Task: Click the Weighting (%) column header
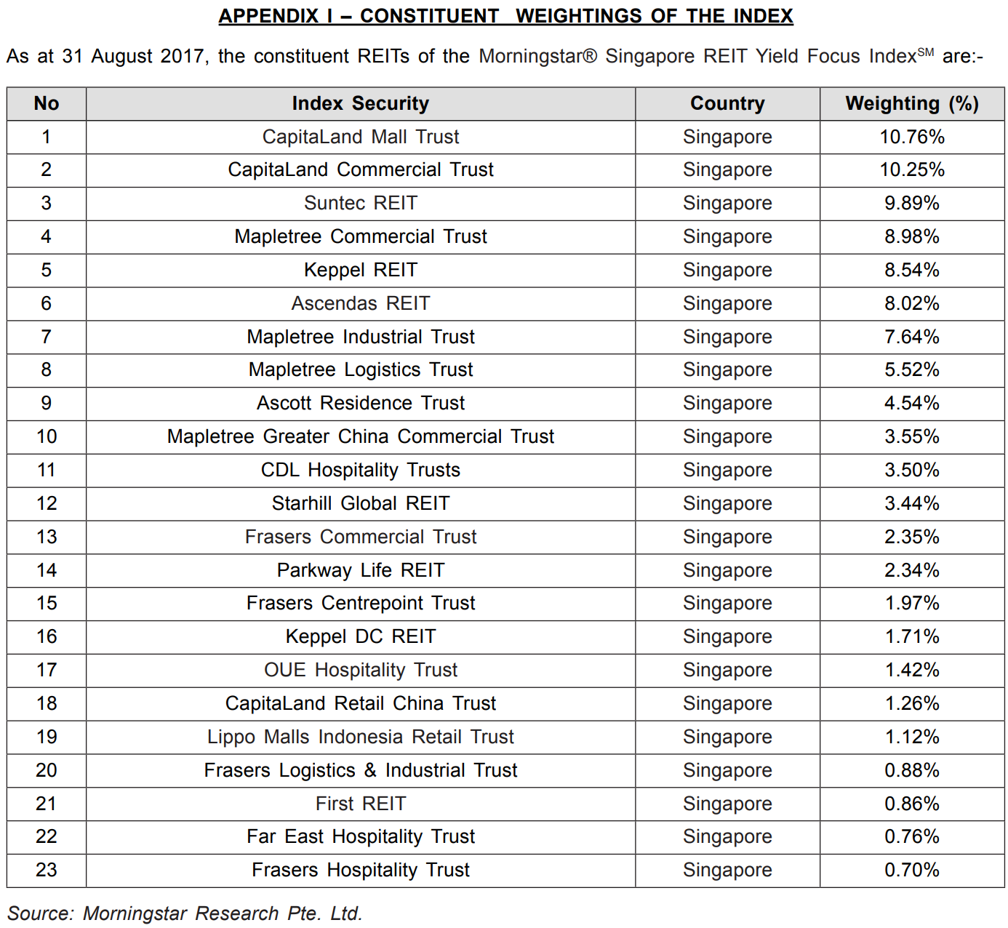coord(912,103)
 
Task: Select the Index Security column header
coord(360,103)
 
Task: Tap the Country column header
coord(727,103)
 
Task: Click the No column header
coord(47,103)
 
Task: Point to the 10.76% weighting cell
coord(912,137)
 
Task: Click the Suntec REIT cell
coord(360,203)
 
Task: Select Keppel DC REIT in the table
coord(360,636)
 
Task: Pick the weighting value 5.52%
coord(912,369)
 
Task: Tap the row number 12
coord(47,503)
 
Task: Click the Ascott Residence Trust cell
coord(360,403)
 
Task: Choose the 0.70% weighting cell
coord(912,870)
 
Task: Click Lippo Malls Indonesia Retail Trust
coord(360,737)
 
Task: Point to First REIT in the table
coord(360,804)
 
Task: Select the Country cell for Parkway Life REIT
coord(727,570)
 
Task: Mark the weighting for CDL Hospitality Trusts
coord(912,470)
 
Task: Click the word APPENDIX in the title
coord(268,16)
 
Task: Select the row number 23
coord(47,870)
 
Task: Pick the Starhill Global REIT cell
coord(360,503)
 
